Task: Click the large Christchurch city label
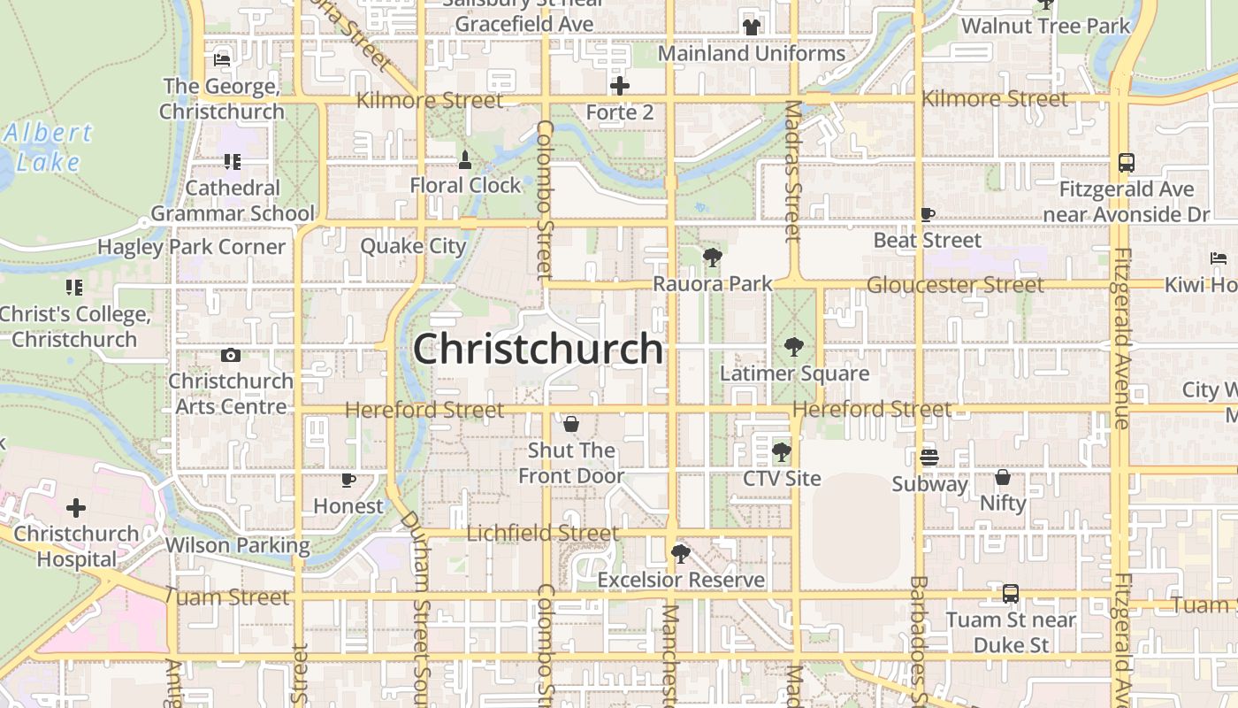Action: [538, 349]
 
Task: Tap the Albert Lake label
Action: [48, 148]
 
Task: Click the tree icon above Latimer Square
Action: [794, 346]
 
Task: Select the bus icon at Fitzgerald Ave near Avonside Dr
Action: [1126, 163]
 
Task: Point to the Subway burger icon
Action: [928, 458]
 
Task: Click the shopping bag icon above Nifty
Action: [1002, 477]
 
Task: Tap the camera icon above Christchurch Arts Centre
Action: [231, 355]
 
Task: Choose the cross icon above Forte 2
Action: [620, 86]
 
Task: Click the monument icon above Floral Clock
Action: [465, 160]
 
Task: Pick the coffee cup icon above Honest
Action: [348, 481]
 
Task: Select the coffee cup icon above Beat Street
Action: [927, 214]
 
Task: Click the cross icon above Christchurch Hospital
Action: [76, 508]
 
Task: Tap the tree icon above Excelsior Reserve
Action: [680, 554]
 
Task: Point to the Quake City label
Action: [413, 246]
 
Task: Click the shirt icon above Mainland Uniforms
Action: [752, 27]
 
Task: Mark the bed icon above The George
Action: [222, 60]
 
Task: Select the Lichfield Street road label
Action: [542, 533]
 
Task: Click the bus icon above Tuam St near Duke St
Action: [1011, 594]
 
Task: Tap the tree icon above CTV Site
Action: [781, 453]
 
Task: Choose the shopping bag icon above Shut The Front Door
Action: [571, 425]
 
